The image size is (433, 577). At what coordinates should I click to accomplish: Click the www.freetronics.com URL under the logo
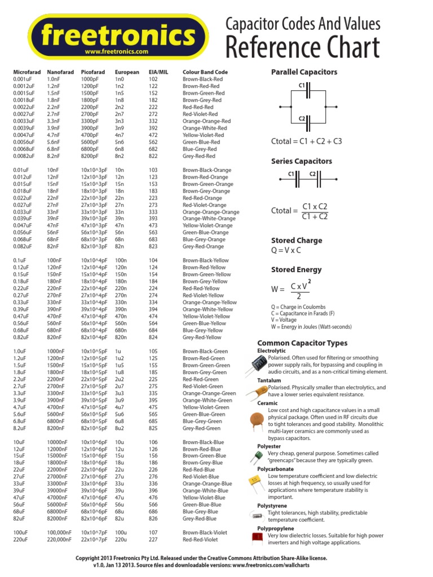117,51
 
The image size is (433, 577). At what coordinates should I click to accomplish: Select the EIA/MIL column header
158,72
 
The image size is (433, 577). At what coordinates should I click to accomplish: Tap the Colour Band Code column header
205,72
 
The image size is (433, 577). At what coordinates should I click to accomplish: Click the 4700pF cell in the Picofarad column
92,135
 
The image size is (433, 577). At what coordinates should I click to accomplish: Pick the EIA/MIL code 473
153,225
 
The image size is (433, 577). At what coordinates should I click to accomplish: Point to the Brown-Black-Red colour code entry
203,79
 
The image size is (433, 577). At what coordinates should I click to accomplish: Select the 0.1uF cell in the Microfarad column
21,260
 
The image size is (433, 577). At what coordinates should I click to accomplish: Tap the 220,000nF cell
59,539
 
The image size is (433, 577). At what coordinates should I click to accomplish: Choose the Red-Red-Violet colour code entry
200,539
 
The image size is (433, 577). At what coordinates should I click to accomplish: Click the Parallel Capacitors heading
304,72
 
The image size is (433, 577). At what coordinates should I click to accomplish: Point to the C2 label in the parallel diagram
302,118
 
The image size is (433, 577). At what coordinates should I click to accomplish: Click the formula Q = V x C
286,250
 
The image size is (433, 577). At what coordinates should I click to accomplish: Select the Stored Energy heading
297,270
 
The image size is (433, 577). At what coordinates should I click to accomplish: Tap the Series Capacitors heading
302,161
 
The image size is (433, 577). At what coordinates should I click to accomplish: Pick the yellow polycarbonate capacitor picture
255,480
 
